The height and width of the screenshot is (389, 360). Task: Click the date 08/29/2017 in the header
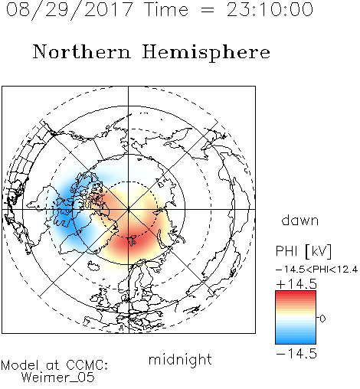pos(70,10)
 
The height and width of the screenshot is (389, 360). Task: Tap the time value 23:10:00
pos(270,10)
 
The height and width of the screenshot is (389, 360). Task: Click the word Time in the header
pos(166,10)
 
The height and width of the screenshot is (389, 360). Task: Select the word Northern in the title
pos(82,52)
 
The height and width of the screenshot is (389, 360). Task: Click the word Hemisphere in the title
pos(206,53)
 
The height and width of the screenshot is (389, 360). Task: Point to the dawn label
pos(300,220)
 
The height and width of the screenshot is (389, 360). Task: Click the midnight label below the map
pos(180,359)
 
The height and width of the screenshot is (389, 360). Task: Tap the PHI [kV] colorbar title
pos(303,251)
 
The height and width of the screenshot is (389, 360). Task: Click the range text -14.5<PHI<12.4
pos(316,270)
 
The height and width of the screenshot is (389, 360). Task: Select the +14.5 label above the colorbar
pos(296,284)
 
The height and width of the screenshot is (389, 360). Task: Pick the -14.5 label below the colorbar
pos(296,354)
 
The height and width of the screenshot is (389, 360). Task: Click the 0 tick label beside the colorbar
pos(322,319)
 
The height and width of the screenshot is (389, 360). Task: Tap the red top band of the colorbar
pos(296,295)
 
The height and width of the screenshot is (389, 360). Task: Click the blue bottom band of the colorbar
pos(296,339)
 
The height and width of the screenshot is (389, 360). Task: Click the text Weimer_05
pos(58,378)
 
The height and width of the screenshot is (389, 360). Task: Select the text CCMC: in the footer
pos(87,365)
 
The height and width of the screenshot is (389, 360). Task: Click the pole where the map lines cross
pos(129,209)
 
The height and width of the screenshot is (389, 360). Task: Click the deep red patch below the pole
pos(129,241)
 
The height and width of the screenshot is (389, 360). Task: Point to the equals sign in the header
pos(208,10)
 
